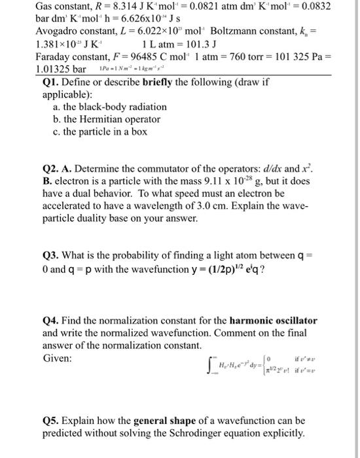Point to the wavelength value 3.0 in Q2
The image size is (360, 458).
(208, 207)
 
